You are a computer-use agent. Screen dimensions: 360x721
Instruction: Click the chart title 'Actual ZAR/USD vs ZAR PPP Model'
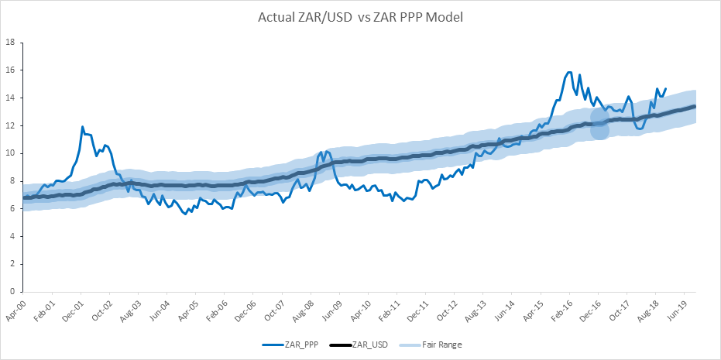(x=360, y=16)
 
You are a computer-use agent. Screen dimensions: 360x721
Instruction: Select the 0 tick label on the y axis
(x=12, y=292)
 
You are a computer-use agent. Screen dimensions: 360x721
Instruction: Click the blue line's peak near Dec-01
(x=82, y=127)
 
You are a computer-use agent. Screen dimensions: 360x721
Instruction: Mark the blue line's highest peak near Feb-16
(x=569, y=73)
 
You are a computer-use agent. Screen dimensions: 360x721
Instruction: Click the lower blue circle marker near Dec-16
(x=599, y=131)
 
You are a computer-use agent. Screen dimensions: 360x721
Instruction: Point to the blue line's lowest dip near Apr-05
(x=185, y=214)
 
